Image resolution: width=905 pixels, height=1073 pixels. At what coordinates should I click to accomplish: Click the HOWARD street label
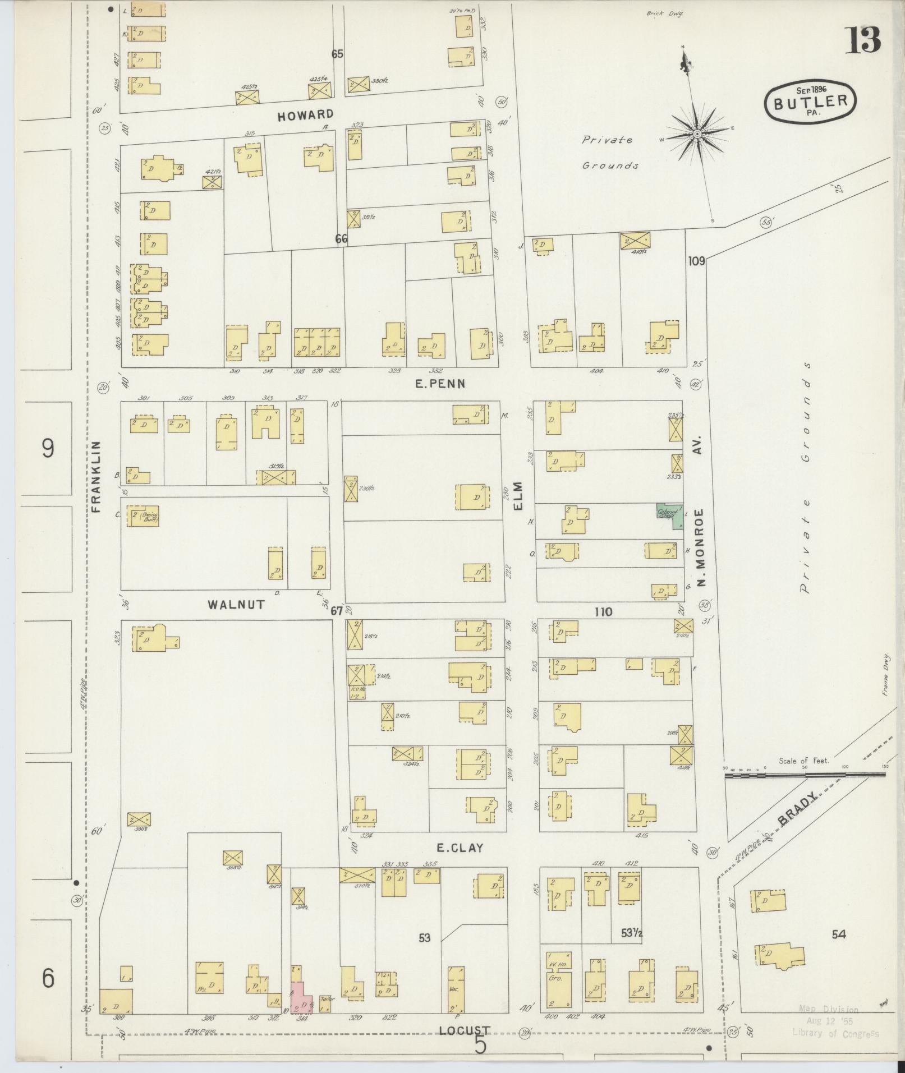(x=306, y=114)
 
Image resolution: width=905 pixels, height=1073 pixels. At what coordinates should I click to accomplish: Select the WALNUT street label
(x=236, y=604)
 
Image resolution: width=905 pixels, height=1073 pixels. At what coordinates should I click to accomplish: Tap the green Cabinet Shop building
(x=670, y=515)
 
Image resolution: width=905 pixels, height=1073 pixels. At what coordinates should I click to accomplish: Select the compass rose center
(x=697, y=133)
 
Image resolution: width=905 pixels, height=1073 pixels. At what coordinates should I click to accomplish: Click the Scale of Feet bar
(x=805, y=775)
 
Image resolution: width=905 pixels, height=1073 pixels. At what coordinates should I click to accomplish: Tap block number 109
(x=696, y=261)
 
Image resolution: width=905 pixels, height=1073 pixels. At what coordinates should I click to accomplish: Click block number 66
(x=341, y=239)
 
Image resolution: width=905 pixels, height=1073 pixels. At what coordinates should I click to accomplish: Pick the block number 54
(x=839, y=934)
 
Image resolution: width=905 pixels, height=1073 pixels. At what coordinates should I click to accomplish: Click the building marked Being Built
(x=143, y=516)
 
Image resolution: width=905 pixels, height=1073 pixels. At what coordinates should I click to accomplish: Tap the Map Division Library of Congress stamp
(x=835, y=1021)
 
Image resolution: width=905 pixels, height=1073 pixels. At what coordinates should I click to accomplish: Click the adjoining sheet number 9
(x=48, y=448)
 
